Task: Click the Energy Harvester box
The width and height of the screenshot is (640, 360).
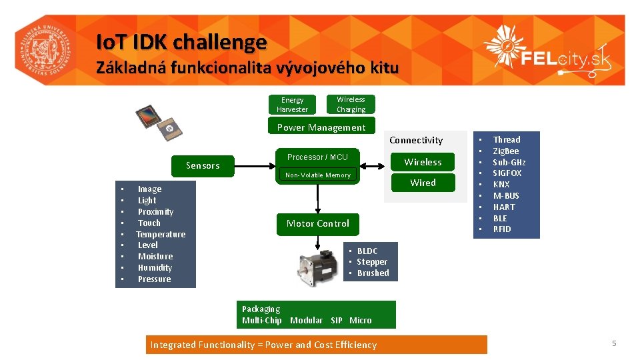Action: click(x=292, y=105)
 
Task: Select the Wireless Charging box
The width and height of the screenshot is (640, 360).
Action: click(x=351, y=104)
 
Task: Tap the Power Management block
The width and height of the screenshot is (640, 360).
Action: click(x=321, y=127)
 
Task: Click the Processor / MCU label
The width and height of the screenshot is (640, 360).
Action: click(x=317, y=157)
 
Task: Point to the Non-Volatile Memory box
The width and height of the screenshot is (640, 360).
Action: click(x=317, y=175)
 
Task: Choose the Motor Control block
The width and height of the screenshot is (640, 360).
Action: click(x=317, y=223)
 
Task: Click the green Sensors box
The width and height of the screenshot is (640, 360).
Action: click(x=203, y=165)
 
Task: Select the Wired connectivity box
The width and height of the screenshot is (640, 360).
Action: click(x=423, y=183)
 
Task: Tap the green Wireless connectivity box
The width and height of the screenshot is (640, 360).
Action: click(x=423, y=162)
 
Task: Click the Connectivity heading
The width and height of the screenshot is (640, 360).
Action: click(x=416, y=140)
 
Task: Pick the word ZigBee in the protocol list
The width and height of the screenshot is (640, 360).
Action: click(x=505, y=151)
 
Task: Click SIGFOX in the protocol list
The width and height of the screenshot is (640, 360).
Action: click(x=507, y=173)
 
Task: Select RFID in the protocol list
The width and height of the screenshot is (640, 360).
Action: click(x=502, y=229)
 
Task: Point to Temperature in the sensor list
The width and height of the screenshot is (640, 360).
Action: click(x=161, y=235)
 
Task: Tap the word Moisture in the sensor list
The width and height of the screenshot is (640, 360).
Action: click(x=155, y=257)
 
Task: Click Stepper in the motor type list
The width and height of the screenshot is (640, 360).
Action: click(x=372, y=262)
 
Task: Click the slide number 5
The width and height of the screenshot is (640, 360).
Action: click(x=614, y=343)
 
